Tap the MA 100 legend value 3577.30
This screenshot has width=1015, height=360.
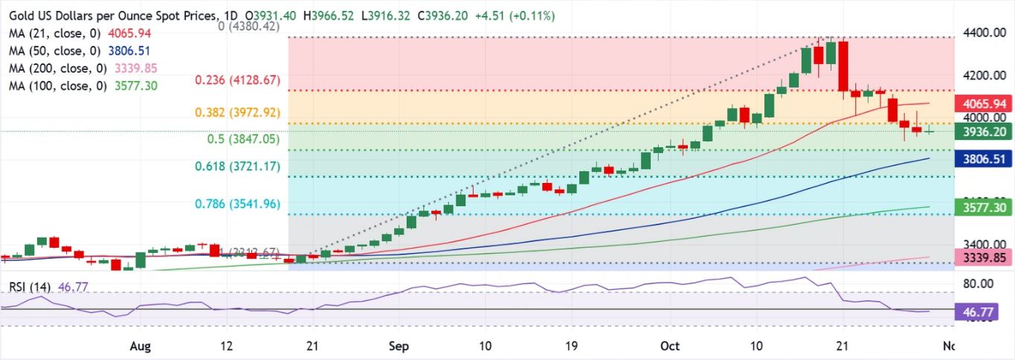[x=131, y=86]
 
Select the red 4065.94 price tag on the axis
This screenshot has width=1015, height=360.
[x=983, y=103]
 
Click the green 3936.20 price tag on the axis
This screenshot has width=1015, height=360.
[x=983, y=131]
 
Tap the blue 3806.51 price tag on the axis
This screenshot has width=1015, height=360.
[x=983, y=158]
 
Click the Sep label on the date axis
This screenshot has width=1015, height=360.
[x=399, y=346]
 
